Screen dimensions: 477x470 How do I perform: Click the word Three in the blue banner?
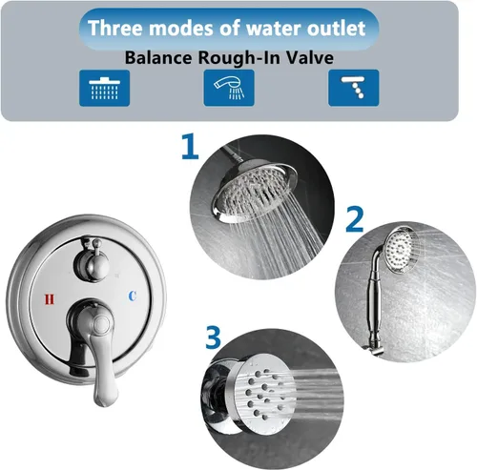tap(116, 28)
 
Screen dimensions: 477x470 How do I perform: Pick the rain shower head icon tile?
tap(104, 88)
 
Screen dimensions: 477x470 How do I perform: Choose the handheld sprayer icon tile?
tap(229, 88)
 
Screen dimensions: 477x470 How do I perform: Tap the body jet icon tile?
tap(354, 88)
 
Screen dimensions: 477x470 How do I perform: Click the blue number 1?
tap(191, 147)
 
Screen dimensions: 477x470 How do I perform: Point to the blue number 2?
tap(355, 219)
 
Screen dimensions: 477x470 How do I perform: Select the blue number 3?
tap(213, 337)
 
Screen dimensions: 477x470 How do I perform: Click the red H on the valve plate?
tap(50, 299)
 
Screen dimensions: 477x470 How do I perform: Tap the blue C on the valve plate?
tap(133, 296)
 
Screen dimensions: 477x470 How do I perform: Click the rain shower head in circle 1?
tap(255, 190)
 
